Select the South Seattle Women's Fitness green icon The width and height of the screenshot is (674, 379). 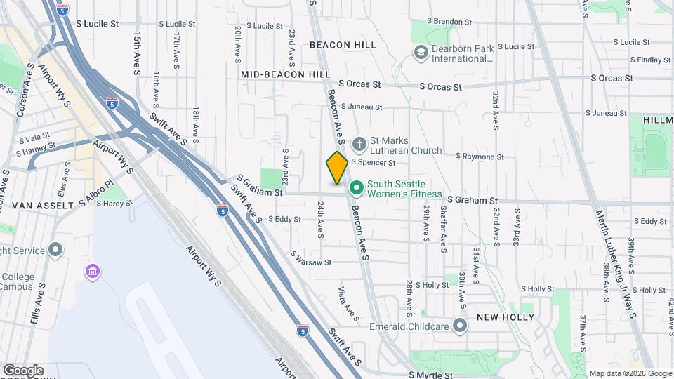click(x=356, y=189)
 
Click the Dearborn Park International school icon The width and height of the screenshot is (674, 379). click(x=421, y=52)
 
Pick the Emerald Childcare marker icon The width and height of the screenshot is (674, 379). click(x=460, y=326)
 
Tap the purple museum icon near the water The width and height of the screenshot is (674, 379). click(x=91, y=272)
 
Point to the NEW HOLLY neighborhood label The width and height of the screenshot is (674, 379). click(x=501, y=317)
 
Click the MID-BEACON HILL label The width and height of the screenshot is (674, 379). click(x=286, y=74)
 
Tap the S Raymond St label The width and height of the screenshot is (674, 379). click(x=480, y=156)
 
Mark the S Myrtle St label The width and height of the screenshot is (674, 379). click(x=430, y=375)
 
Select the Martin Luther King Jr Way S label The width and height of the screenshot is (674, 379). click(x=616, y=263)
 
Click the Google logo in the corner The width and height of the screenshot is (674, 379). click(x=23, y=371)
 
